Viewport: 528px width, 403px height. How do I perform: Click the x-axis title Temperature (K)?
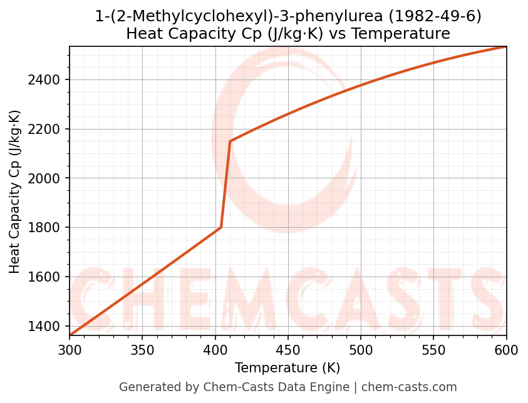pyautogui.click(x=287, y=368)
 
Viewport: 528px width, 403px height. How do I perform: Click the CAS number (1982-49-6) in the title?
pyautogui.click(x=429, y=16)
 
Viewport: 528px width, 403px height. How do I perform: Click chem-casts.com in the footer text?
pyautogui.click(x=409, y=387)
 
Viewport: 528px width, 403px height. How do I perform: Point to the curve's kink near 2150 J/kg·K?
pyautogui.click(x=230, y=141)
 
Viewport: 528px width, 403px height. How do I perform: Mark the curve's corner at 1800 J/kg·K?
pyautogui.click(x=221, y=227)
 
